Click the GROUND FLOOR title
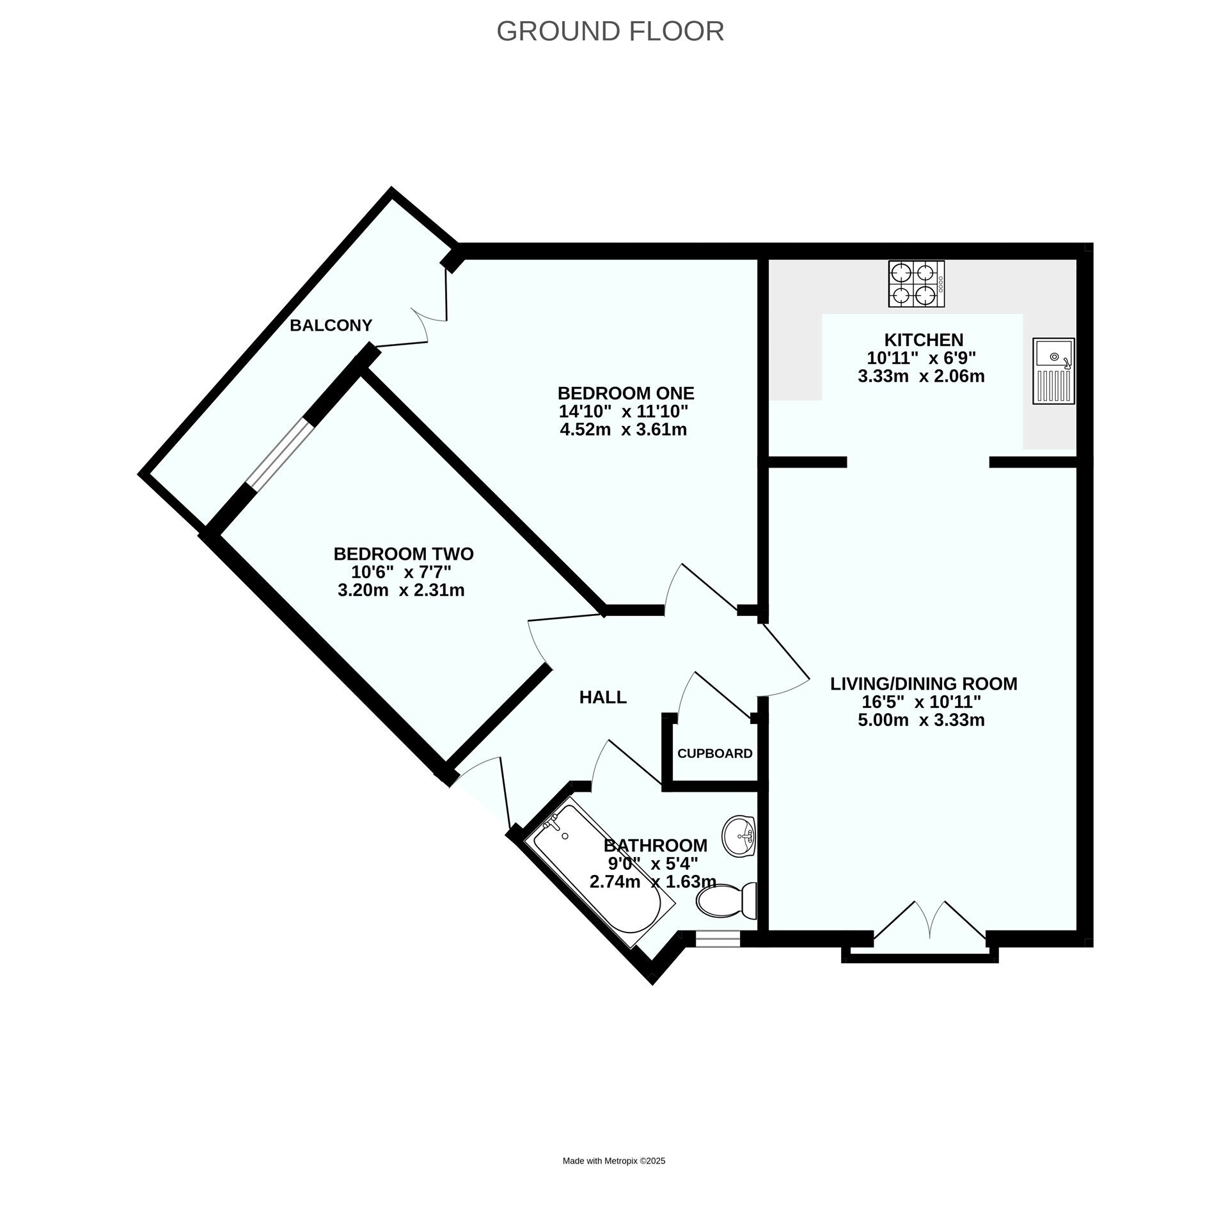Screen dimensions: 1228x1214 coord(610,31)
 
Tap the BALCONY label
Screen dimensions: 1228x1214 coord(331,326)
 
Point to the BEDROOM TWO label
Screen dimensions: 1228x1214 coord(404,553)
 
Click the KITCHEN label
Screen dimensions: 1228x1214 coord(924,340)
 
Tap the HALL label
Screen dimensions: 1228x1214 coord(602,697)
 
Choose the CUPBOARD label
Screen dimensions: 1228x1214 coord(714,753)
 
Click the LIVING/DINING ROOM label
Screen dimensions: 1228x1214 coord(924,684)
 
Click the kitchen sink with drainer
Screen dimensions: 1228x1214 coord(1053,371)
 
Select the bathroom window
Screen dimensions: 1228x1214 coord(718,938)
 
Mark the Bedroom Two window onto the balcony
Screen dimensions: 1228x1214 coord(281,455)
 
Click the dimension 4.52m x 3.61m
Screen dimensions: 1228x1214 coord(624,429)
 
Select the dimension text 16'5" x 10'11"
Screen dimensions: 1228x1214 coord(922,702)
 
